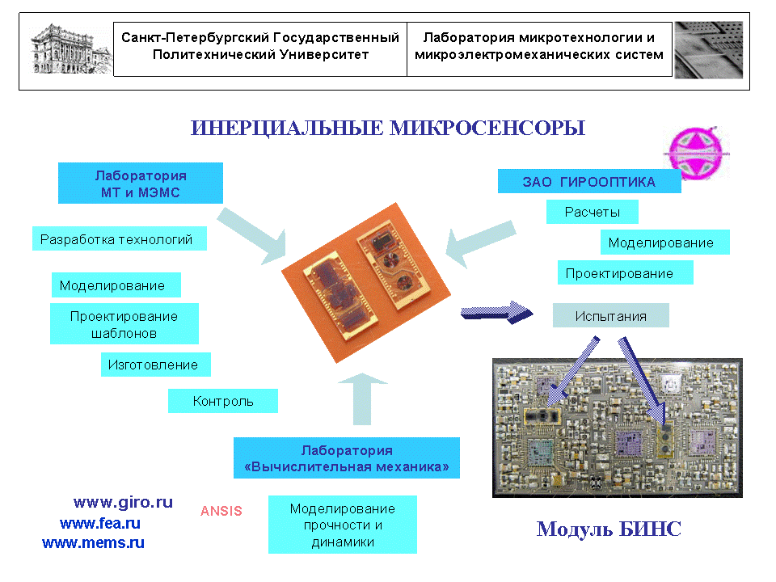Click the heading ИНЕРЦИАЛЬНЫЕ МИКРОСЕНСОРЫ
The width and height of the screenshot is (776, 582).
387,129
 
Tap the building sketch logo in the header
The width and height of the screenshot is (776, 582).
70,48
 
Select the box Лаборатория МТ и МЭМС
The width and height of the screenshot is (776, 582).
141,184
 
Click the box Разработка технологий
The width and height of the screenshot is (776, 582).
116,239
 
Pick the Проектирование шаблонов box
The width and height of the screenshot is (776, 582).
124,324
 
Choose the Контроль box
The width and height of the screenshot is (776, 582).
222,401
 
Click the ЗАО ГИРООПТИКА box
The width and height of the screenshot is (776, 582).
588,182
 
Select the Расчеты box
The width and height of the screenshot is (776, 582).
593,213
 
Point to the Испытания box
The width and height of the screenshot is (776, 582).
610,316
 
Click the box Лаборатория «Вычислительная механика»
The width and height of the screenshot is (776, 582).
346,459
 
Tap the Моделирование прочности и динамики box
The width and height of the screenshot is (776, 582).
342,525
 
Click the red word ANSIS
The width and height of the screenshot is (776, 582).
221,511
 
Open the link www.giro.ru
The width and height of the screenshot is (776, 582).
123,502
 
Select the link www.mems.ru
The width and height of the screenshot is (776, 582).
93,543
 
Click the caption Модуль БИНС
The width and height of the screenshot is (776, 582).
609,530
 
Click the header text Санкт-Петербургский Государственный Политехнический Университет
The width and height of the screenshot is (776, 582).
260,47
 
